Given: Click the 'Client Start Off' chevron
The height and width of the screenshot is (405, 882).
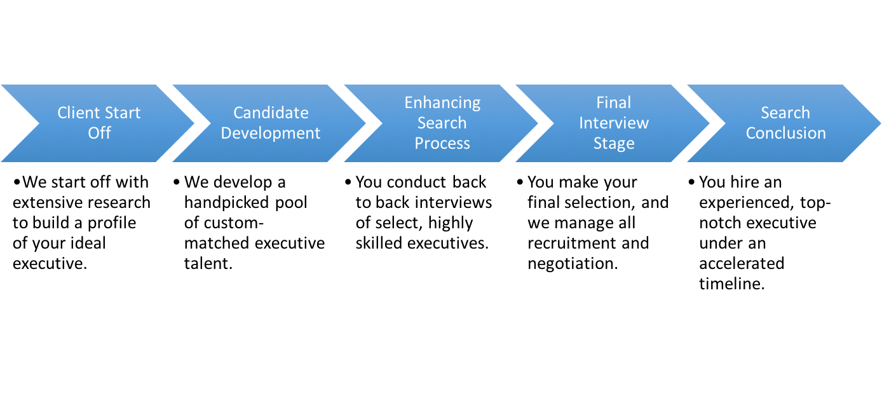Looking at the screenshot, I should click(x=98, y=123).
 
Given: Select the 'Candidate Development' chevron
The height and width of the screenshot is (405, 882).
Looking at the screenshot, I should click(x=270, y=123).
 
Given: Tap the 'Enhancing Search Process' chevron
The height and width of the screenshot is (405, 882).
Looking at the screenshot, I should click(x=442, y=123).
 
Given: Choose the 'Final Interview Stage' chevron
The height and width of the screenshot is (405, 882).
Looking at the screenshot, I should click(x=614, y=123).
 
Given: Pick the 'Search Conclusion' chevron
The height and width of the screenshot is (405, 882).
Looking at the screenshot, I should click(x=785, y=123).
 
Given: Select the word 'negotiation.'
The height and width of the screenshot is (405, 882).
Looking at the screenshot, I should click(x=573, y=264).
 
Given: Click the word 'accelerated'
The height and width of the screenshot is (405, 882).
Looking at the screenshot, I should click(x=742, y=264).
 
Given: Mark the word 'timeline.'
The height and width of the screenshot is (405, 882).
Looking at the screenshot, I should click(x=731, y=284).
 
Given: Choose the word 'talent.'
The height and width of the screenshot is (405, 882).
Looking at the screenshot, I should click(x=208, y=264).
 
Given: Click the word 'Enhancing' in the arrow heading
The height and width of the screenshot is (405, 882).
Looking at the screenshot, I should click(x=442, y=102).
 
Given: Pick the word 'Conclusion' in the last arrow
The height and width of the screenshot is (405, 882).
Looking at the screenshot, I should click(x=785, y=133).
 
